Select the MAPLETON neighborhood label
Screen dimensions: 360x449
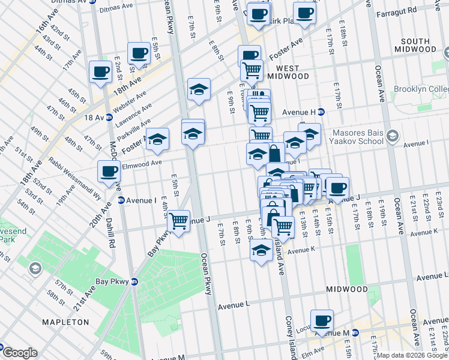click(x=66, y=322)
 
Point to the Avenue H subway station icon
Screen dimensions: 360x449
click(x=321, y=112)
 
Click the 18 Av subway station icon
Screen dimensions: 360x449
click(x=109, y=118)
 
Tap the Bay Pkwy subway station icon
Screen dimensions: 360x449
click(x=134, y=281)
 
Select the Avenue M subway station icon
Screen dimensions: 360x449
click(x=355, y=332)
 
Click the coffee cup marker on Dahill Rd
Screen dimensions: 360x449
click(x=109, y=172)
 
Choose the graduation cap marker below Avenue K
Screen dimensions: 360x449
click(x=261, y=250)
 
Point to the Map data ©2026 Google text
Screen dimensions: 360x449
click(x=411, y=355)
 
